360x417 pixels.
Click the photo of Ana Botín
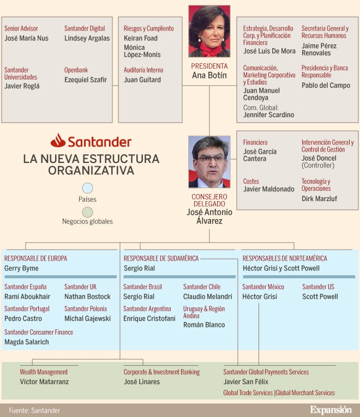(x=209, y=31)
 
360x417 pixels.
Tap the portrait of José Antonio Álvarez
(x=209, y=162)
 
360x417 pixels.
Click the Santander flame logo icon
(x=58, y=141)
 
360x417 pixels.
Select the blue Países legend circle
(x=87, y=189)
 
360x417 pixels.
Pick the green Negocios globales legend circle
(x=87, y=211)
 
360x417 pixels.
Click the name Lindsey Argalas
(x=87, y=39)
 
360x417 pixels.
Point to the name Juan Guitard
(x=142, y=80)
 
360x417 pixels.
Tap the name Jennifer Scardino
(x=268, y=115)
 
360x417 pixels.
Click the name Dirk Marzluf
(x=319, y=199)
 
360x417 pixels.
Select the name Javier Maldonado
(x=269, y=190)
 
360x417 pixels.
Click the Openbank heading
(x=76, y=70)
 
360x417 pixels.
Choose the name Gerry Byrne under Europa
(x=22, y=269)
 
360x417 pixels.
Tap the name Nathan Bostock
(x=87, y=297)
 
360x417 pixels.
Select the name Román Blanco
(x=204, y=325)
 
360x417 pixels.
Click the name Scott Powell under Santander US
(x=320, y=297)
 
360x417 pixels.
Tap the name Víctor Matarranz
(x=44, y=382)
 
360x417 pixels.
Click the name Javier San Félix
(x=246, y=382)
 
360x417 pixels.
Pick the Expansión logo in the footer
(x=331, y=410)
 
